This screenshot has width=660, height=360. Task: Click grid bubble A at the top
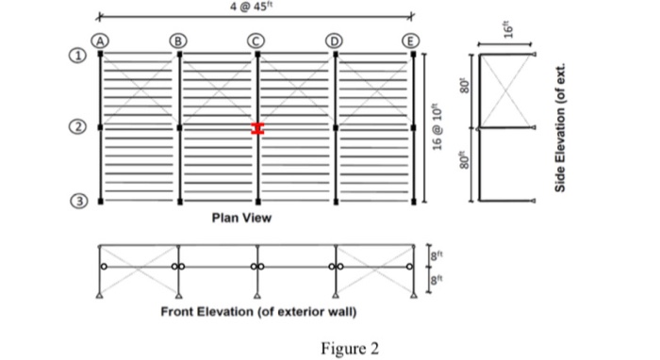(x=101, y=41)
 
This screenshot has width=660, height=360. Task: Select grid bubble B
(x=178, y=41)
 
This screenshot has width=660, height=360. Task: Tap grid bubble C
(x=256, y=41)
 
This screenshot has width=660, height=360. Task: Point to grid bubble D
(x=334, y=41)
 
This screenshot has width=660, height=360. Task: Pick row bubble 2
(x=82, y=126)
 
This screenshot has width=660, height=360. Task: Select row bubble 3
(x=82, y=201)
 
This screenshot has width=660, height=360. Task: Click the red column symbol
(x=256, y=128)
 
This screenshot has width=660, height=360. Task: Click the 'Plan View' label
(x=241, y=218)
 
